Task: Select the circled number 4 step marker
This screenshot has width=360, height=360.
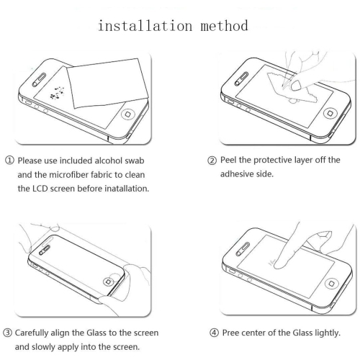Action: click(x=212, y=333)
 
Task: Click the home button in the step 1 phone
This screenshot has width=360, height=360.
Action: click(x=130, y=115)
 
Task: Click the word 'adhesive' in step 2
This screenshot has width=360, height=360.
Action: click(x=243, y=175)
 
